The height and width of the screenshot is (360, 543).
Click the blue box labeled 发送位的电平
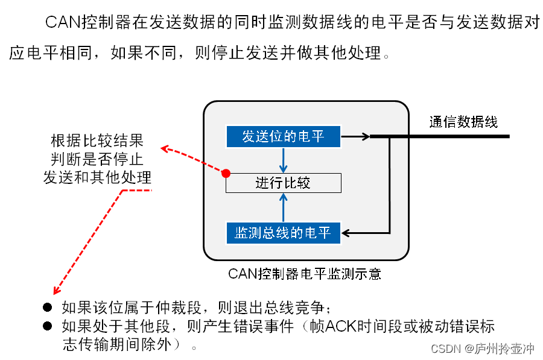coord(283,136)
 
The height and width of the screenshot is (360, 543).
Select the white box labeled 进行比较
coord(283,183)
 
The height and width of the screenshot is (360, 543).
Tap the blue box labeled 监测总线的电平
coord(283,233)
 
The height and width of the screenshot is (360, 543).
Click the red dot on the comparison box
coord(226,174)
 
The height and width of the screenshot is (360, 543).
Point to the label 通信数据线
coord(463,121)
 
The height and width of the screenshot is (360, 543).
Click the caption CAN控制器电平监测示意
coord(305,273)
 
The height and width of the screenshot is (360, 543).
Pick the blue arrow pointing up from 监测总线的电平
coord(283,207)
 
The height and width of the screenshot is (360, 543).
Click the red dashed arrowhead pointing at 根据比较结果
coord(164,148)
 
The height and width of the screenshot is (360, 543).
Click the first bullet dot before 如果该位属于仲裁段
coord(48,307)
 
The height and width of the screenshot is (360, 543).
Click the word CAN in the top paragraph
coord(63,22)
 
